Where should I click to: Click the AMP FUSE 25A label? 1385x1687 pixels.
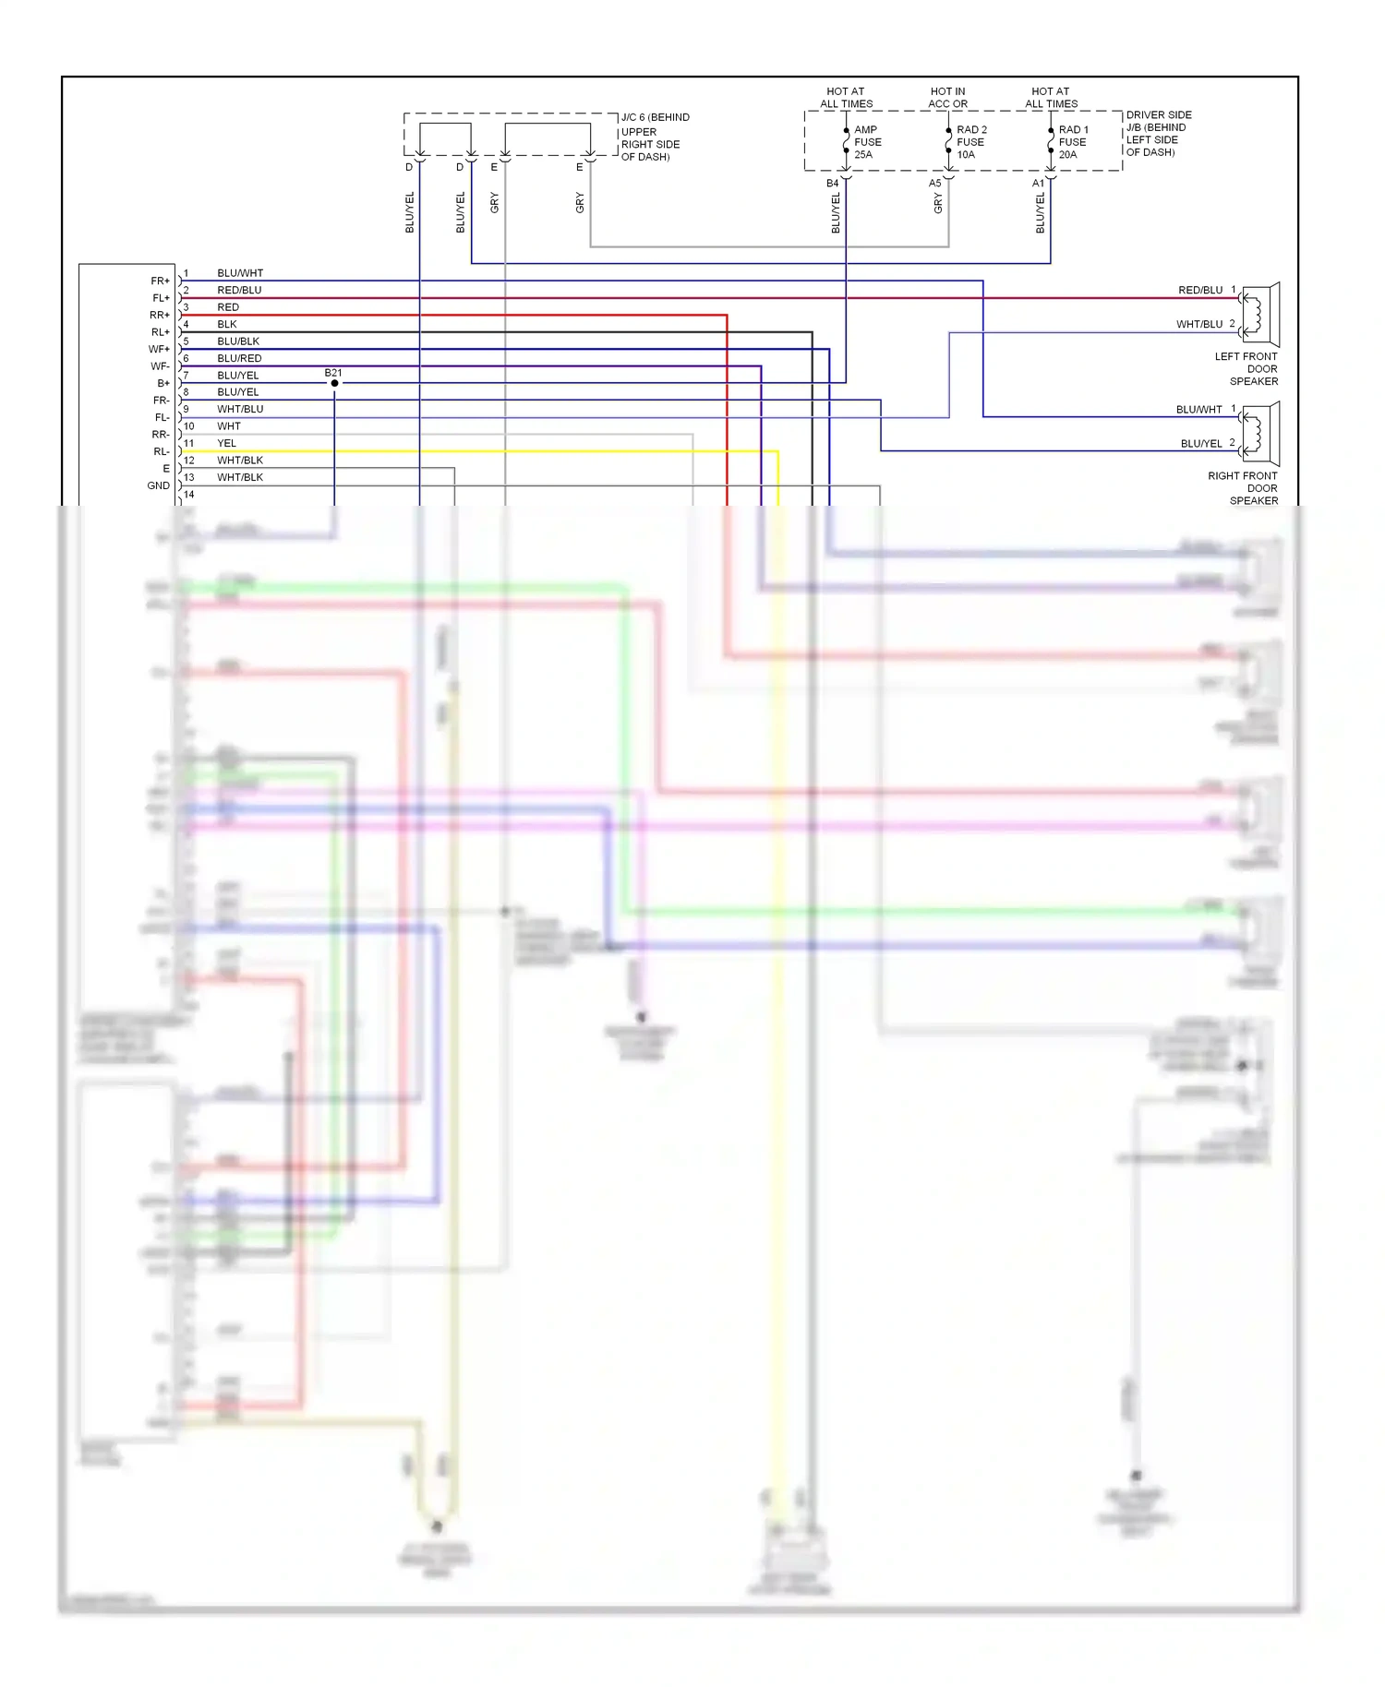click(867, 142)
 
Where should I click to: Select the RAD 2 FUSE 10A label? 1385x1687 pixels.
click(970, 142)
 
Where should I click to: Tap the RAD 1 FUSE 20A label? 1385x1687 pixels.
click(1073, 142)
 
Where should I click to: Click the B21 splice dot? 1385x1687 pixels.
click(334, 383)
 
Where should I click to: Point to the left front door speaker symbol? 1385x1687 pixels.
click(1260, 314)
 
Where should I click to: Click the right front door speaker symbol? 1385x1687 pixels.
click(1260, 434)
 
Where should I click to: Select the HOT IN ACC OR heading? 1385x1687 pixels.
click(947, 98)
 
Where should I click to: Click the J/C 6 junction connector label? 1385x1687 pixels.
click(655, 137)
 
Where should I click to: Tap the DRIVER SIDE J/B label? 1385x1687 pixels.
click(1158, 134)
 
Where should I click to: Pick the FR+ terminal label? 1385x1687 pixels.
click(160, 281)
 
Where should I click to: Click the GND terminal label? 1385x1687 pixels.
click(158, 485)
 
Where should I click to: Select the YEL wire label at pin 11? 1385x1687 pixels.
click(226, 443)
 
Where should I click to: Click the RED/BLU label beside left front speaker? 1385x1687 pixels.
click(1199, 290)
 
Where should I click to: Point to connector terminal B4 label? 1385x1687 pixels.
click(832, 184)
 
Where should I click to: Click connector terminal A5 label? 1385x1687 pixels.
click(934, 184)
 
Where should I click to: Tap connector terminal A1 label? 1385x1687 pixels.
click(1038, 184)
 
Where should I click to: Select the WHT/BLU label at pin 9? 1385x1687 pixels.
click(240, 409)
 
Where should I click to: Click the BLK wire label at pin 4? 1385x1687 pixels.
click(227, 324)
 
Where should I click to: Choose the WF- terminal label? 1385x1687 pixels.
click(160, 366)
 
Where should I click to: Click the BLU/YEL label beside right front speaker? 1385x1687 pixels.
click(1200, 444)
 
